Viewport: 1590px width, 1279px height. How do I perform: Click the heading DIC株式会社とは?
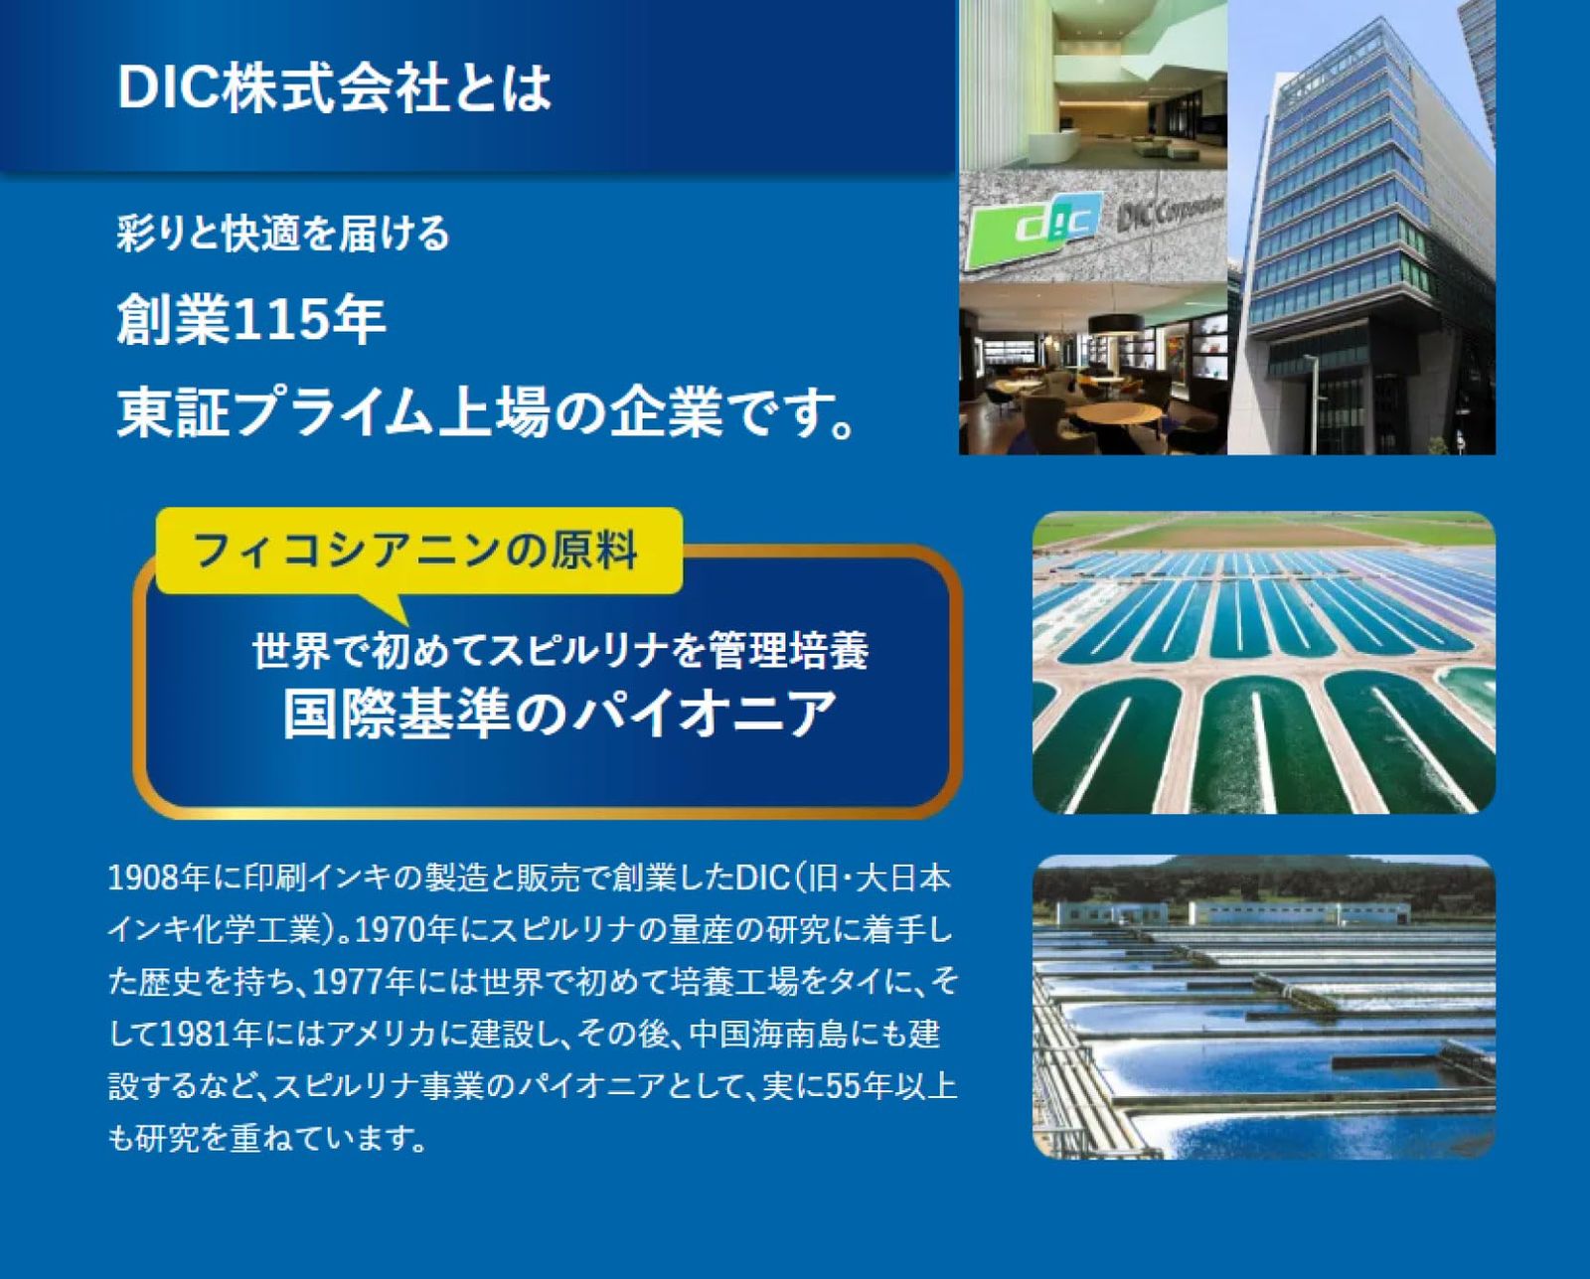point(334,87)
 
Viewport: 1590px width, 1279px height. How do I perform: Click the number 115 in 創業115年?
point(278,321)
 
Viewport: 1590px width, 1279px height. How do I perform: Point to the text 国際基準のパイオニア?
point(560,713)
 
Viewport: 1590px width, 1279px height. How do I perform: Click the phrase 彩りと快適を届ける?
point(284,235)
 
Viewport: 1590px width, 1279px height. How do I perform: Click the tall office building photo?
point(1361,228)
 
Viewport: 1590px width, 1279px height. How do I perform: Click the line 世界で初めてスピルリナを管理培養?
point(560,650)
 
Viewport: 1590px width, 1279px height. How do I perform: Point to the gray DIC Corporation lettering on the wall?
point(1167,214)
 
